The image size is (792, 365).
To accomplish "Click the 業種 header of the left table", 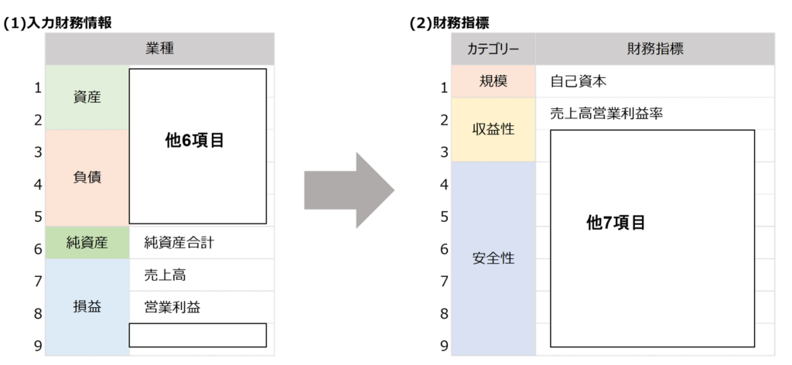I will click(x=159, y=49).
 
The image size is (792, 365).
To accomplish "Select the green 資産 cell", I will click(x=87, y=97).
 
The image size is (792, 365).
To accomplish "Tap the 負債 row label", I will click(x=87, y=177).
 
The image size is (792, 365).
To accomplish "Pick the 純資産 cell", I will click(x=87, y=243).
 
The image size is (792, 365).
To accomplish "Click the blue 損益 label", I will click(x=87, y=306).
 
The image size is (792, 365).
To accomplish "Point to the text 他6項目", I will click(x=194, y=142).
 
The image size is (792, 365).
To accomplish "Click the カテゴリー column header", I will click(x=493, y=49).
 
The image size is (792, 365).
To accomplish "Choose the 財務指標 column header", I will click(x=654, y=49).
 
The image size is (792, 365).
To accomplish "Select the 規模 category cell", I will click(x=493, y=81).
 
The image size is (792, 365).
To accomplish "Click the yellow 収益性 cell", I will click(x=493, y=129).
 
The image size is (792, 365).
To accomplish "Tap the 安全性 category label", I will click(x=493, y=258).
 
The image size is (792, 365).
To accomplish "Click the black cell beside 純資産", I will click(x=201, y=243).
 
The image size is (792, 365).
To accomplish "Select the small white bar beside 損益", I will click(x=197, y=335).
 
